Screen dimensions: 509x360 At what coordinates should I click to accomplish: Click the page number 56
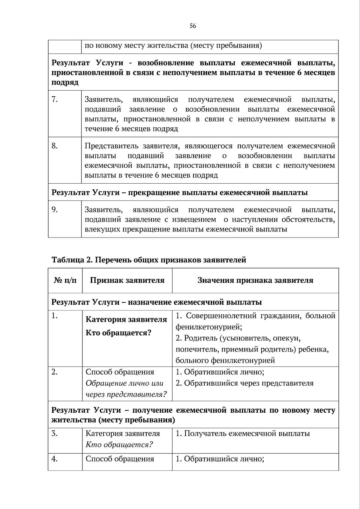pyautogui.click(x=193, y=26)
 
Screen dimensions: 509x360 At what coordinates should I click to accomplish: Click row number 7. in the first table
pyautogui.click(x=55, y=100)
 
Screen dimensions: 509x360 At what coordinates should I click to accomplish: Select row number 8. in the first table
pyautogui.click(x=55, y=146)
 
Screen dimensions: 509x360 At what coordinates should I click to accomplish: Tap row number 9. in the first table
pyautogui.click(x=55, y=210)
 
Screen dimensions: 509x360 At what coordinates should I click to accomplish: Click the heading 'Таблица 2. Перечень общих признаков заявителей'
pyautogui.click(x=149, y=260)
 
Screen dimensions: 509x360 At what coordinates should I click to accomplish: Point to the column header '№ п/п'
pyautogui.click(x=65, y=280)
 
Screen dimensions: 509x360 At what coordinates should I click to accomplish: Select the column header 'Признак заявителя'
pyautogui.click(x=127, y=280)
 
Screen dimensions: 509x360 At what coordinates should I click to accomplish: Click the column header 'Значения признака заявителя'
pyautogui.click(x=255, y=280)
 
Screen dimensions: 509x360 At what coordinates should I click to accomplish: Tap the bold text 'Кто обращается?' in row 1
pyautogui.click(x=118, y=333)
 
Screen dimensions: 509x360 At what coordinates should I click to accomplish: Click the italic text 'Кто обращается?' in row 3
pyautogui.click(x=119, y=445)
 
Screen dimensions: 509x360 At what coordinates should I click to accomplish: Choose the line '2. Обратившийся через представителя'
pyautogui.click(x=244, y=383)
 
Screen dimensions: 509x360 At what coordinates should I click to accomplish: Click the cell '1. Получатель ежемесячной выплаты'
pyautogui.click(x=243, y=433)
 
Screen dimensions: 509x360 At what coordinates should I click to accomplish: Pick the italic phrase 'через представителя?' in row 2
pyautogui.click(x=126, y=395)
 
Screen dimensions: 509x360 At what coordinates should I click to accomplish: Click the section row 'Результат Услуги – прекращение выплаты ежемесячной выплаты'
pyautogui.click(x=180, y=193)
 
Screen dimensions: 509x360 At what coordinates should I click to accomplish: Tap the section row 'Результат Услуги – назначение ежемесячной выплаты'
pyautogui.click(x=157, y=302)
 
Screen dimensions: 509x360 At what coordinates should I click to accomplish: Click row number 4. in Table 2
pyautogui.click(x=55, y=459)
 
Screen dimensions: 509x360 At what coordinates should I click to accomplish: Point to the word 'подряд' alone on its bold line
pyautogui.click(x=65, y=83)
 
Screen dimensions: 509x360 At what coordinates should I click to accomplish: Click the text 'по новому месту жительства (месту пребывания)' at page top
pyautogui.click(x=173, y=46)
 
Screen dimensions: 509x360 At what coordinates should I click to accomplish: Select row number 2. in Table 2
pyautogui.click(x=55, y=372)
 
